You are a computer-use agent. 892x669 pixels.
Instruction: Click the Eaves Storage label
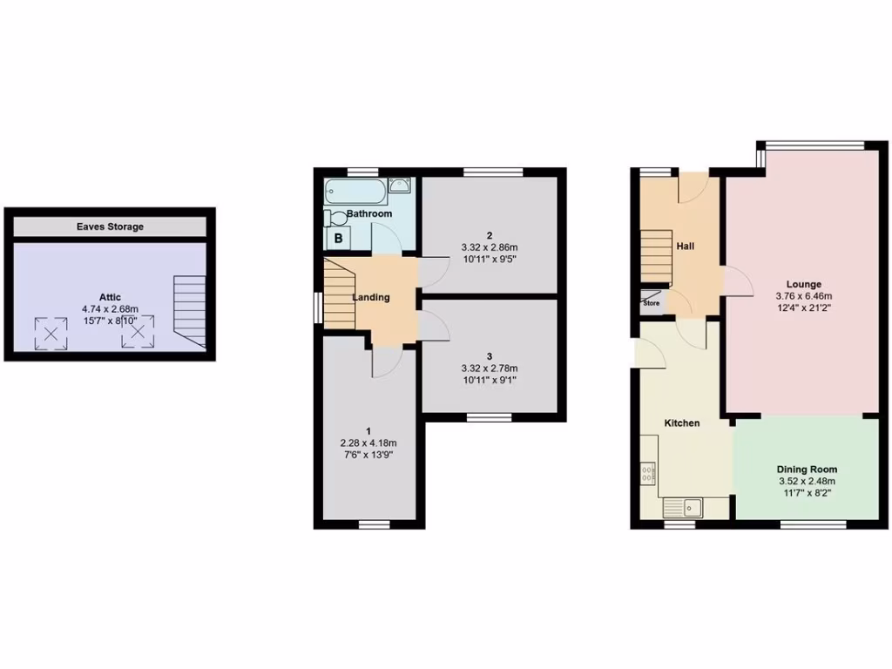(109, 226)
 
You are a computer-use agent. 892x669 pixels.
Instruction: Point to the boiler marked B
(337, 238)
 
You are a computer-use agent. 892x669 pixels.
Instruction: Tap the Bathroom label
(369, 213)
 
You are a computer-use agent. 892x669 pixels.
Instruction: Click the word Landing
(370, 298)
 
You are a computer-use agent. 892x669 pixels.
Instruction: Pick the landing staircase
(340, 293)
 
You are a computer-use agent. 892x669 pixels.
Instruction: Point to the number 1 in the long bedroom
(369, 431)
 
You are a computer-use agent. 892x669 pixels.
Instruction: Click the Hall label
(686, 247)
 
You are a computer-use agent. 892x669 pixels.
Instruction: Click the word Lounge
(803, 284)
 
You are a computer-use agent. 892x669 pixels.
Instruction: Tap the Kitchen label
(682, 423)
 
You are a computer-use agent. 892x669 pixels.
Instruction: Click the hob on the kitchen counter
(647, 474)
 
